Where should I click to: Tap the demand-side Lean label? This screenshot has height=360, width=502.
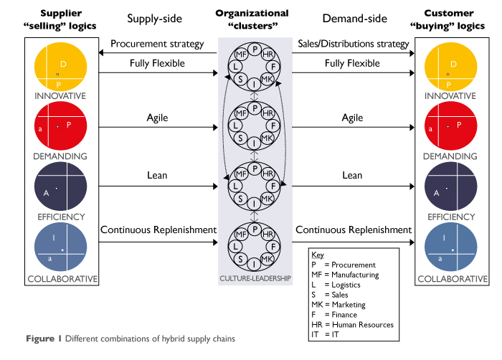(x=352, y=175)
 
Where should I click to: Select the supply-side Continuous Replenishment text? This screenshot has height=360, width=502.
(x=158, y=230)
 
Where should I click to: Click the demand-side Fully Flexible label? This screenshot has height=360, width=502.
(x=352, y=63)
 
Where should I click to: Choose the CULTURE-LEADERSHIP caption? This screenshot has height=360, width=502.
(x=255, y=278)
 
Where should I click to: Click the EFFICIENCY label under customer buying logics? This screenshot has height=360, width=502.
(x=450, y=217)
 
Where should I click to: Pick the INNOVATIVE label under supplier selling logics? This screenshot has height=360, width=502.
(x=61, y=95)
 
